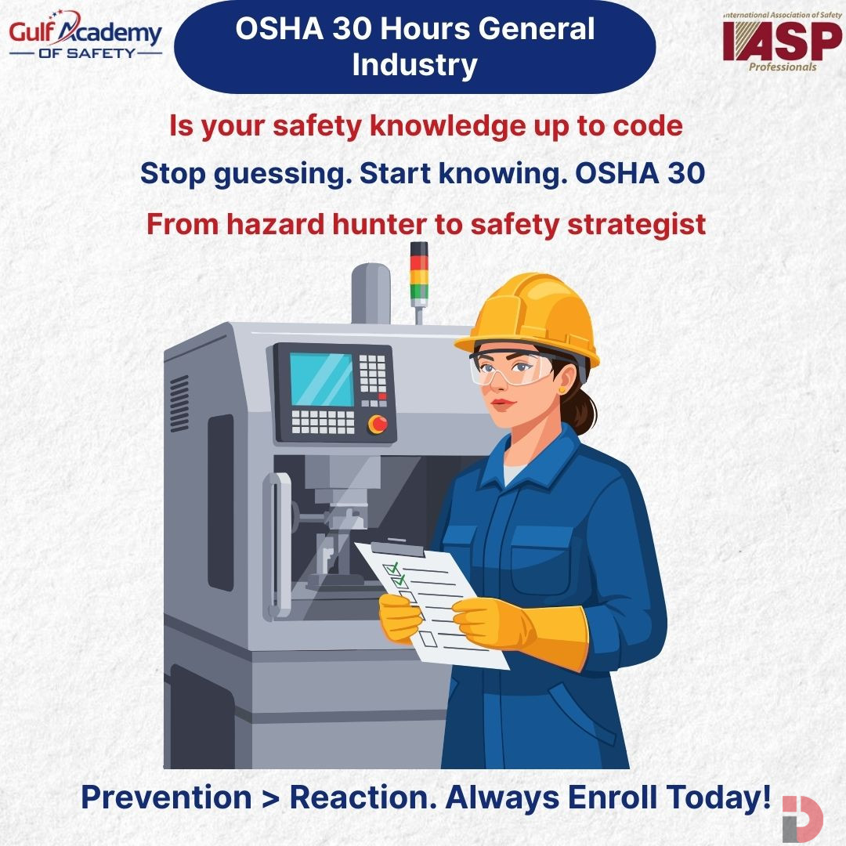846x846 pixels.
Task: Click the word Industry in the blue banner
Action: (x=414, y=66)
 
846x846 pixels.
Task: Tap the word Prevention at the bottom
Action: (x=165, y=797)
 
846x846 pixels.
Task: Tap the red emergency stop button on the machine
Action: (x=378, y=424)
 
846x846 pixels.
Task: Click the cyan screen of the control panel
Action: (x=322, y=380)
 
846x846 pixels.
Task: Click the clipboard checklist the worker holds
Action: (x=431, y=603)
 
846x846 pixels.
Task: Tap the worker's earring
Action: (x=562, y=389)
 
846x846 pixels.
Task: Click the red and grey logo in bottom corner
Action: (x=801, y=819)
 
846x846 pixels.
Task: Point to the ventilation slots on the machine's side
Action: (x=179, y=392)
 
